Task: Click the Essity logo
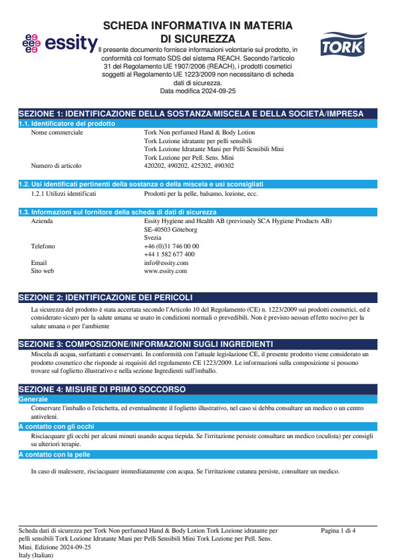pyautogui.click(x=59, y=43)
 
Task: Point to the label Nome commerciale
pyautogui.click(x=57, y=133)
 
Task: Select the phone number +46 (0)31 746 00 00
pyautogui.click(x=171, y=246)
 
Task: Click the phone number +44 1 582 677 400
pyautogui.click(x=169, y=254)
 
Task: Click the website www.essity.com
pyautogui.click(x=165, y=271)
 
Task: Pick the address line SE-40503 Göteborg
pyautogui.click(x=170, y=229)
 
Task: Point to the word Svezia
pyautogui.click(x=152, y=238)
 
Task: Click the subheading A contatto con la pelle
pyautogui.click(x=53, y=454)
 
